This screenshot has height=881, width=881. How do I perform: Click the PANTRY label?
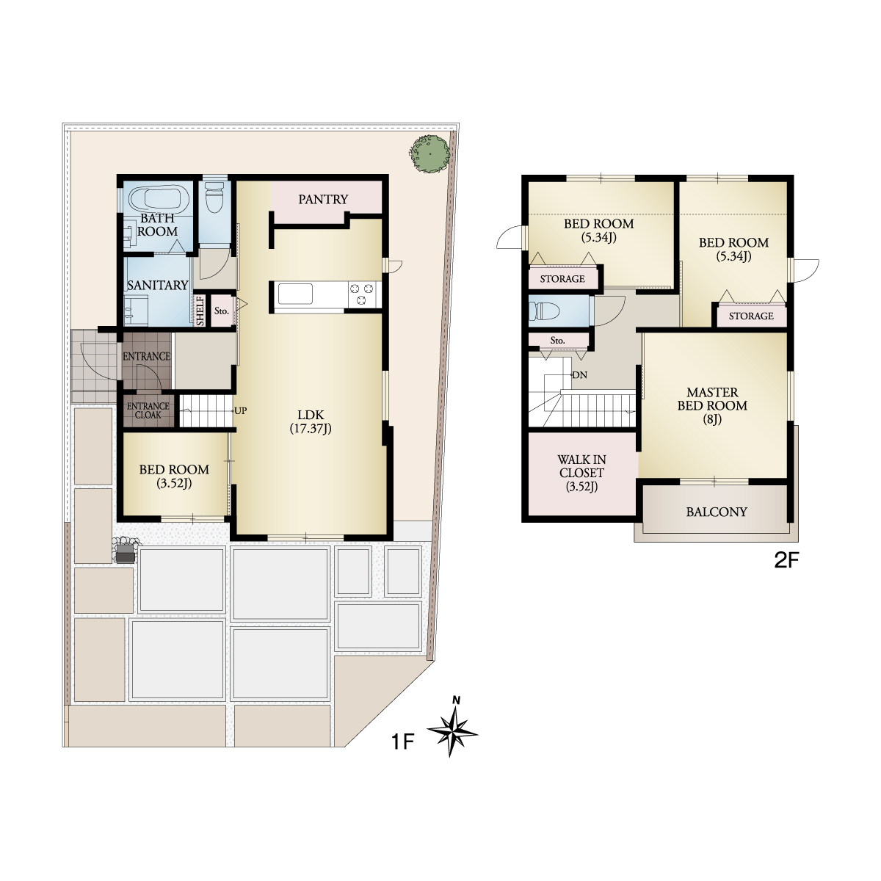[x=323, y=200]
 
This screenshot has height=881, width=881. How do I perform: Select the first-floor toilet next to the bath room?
[x=214, y=197]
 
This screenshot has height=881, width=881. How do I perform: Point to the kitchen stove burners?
[x=362, y=294]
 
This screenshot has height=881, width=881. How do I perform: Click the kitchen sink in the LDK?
[x=295, y=294]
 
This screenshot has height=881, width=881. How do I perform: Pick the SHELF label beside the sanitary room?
[x=200, y=311]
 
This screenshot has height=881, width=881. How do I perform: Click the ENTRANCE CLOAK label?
[x=148, y=410]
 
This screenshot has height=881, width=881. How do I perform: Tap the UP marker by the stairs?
[x=241, y=410]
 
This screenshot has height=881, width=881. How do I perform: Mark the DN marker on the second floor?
[x=580, y=375]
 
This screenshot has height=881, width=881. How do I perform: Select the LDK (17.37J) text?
[x=311, y=421]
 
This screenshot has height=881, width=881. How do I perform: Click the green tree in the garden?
[x=429, y=155]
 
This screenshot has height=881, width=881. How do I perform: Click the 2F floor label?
[x=786, y=560]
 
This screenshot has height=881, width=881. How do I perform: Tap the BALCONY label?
[x=717, y=512]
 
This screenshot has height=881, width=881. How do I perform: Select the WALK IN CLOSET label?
[x=581, y=473]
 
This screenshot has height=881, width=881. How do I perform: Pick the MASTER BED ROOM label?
[x=712, y=405]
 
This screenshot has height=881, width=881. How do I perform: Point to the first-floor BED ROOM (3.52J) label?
[x=174, y=476]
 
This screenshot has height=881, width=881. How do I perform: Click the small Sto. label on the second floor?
[x=557, y=341]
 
